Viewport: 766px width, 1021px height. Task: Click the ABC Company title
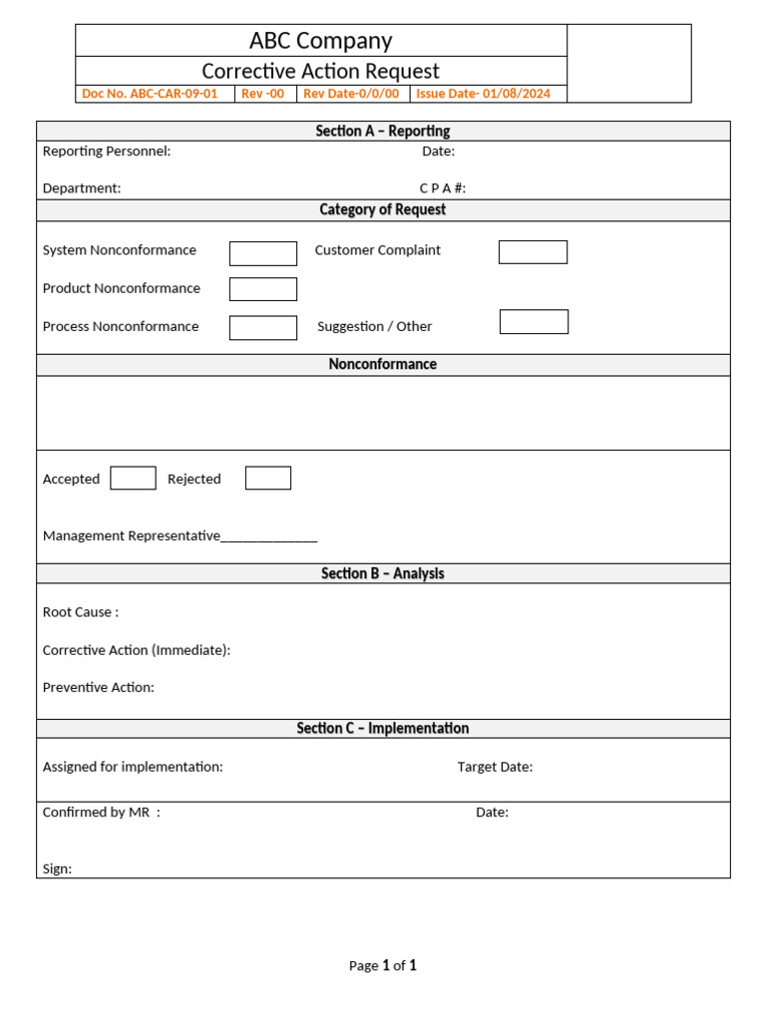point(320,41)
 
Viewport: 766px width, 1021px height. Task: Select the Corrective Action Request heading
point(320,71)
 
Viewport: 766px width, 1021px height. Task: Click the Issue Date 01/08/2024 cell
point(483,94)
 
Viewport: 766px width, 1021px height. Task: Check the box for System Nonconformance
point(263,253)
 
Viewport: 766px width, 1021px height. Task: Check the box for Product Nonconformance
point(263,289)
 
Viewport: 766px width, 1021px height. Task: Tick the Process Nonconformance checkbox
point(263,327)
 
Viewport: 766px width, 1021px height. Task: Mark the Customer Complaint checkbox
point(533,252)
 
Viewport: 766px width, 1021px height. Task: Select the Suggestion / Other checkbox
point(534,322)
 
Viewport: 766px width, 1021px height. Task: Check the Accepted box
point(133,479)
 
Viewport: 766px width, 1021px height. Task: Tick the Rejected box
point(268,479)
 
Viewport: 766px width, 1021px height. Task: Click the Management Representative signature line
point(269,536)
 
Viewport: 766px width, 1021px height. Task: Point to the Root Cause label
point(81,612)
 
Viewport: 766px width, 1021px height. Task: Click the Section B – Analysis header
point(383,573)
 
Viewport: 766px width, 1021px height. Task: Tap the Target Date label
point(495,767)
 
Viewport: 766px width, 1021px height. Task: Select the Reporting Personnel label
point(107,152)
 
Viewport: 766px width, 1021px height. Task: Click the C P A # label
point(443,188)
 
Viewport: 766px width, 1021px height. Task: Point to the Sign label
point(57,868)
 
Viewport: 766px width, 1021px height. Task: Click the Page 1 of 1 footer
point(383,965)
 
